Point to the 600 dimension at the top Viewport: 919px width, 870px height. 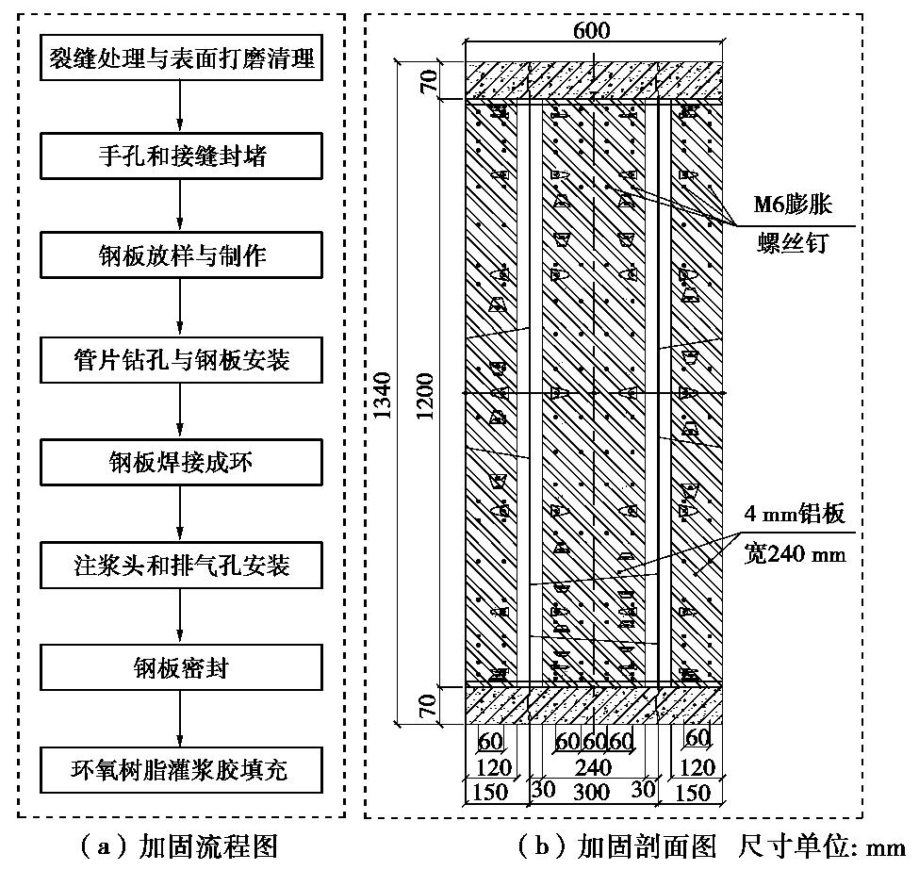tap(591, 30)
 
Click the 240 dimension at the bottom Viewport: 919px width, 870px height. tap(593, 768)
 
